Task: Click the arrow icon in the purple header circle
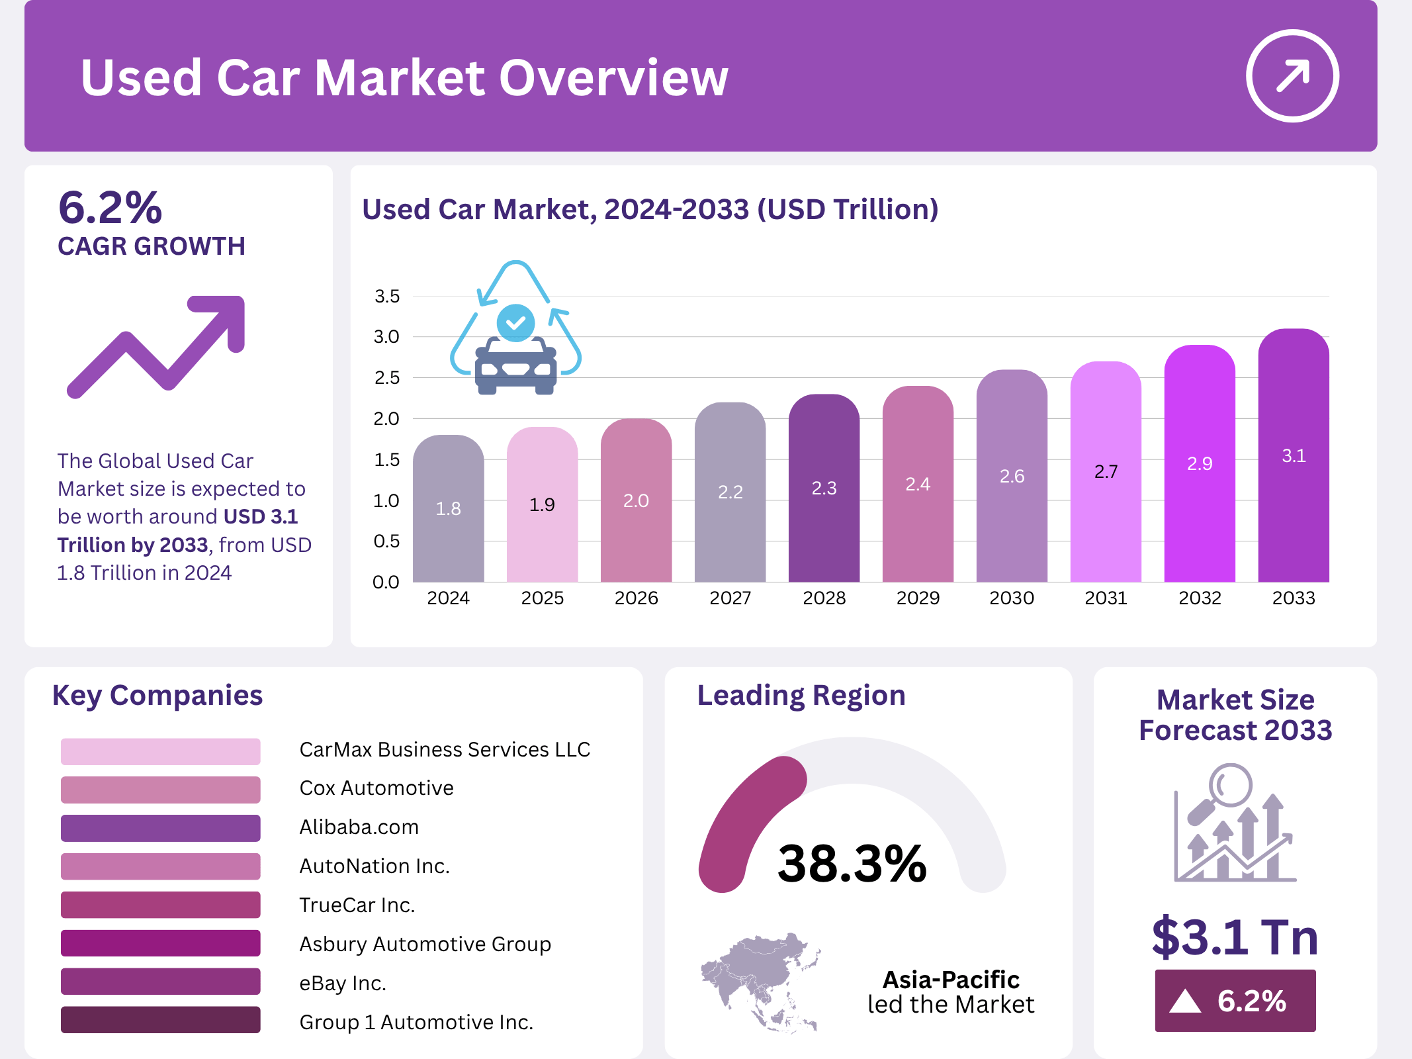tap(1292, 76)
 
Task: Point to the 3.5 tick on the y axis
tap(387, 297)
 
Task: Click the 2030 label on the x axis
tap(1012, 598)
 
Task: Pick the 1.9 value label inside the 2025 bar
tap(542, 505)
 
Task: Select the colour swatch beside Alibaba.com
tap(160, 828)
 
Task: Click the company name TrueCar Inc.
tap(357, 905)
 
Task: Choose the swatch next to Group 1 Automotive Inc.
tap(160, 1020)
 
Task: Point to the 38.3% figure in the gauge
tap(852, 864)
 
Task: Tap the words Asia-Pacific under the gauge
tap(951, 980)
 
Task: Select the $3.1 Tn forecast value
tap(1235, 937)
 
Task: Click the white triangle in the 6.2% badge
tap(1185, 1001)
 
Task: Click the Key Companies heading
tap(157, 696)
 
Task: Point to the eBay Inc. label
tap(342, 983)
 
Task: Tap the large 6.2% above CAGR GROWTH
tap(110, 208)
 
